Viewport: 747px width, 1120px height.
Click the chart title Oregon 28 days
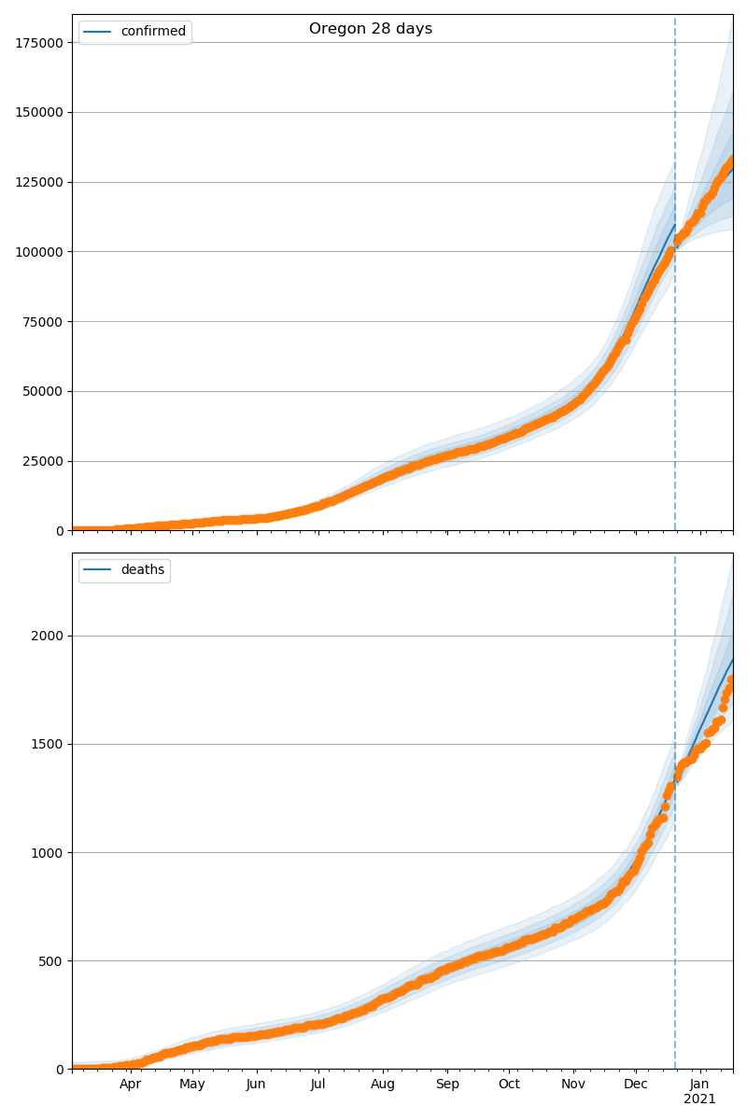coord(371,29)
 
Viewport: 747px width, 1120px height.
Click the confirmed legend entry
coord(153,32)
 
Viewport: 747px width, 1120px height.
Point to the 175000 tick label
coord(37,43)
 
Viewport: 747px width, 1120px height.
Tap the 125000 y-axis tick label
coord(37,182)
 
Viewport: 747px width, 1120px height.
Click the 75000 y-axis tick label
coord(41,322)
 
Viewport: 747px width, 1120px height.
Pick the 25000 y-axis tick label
coord(41,461)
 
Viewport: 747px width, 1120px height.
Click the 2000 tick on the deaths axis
coord(49,637)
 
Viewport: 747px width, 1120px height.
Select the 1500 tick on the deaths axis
coord(49,745)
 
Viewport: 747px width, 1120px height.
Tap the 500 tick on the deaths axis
coord(52,961)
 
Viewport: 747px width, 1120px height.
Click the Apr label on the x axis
coord(130,1085)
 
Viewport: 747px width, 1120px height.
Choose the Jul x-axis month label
coord(317,1085)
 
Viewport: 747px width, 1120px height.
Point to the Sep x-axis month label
coord(447,1085)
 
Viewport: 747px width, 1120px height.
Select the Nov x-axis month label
coord(573,1085)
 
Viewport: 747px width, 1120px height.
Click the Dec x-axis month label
coord(636,1085)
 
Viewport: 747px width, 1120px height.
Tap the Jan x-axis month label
coord(699,1085)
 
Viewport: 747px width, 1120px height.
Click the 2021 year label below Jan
coord(699,1099)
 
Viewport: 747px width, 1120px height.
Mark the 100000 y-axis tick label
coord(37,252)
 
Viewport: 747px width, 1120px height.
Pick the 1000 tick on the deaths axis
coord(49,853)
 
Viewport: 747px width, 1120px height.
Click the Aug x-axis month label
coord(383,1085)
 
